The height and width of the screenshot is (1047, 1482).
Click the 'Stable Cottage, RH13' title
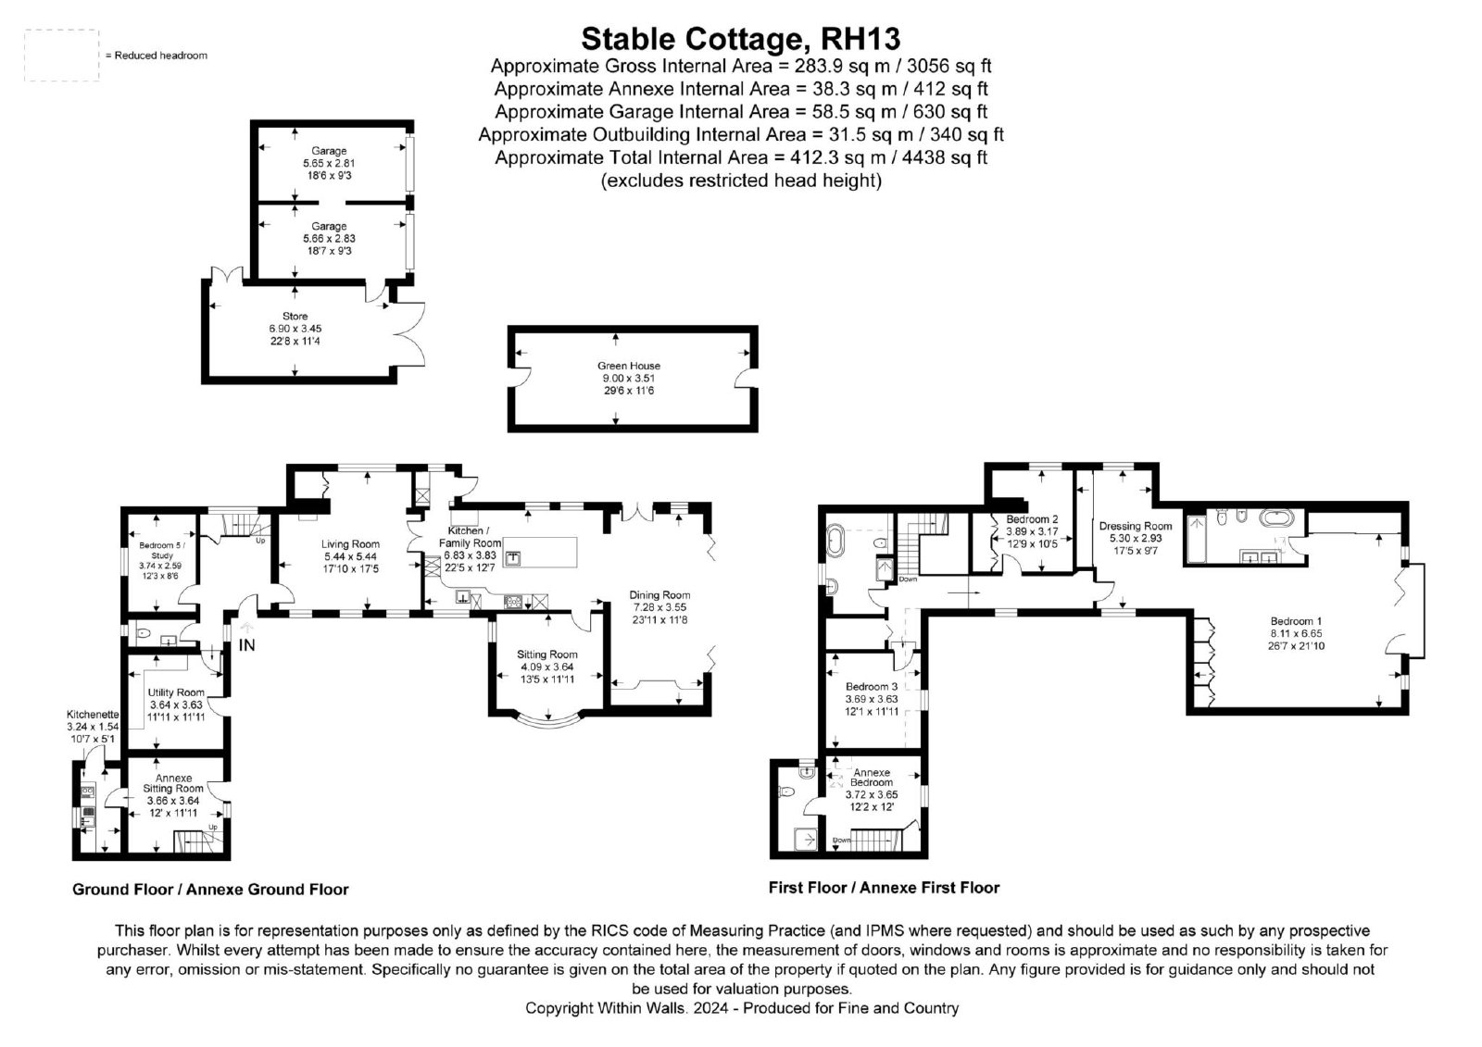point(740,39)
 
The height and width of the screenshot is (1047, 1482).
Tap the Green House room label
point(629,366)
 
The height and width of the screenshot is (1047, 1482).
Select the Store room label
point(295,317)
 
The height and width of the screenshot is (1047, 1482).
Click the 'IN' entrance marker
point(246,645)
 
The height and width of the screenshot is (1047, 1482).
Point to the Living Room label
point(350,544)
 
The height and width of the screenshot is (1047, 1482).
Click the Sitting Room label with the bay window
point(547,654)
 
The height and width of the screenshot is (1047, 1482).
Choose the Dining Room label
point(659,595)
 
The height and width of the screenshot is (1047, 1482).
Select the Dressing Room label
point(1136,526)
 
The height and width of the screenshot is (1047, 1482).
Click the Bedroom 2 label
point(1032,519)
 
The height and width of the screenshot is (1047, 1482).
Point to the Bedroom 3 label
point(872,687)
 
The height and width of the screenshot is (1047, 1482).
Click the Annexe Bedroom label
point(872,777)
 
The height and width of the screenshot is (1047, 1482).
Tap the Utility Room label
point(176,692)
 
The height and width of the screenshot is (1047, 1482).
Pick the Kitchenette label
point(93,715)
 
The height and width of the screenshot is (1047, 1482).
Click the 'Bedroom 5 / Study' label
point(162,550)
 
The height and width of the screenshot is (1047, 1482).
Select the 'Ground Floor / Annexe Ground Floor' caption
point(210,889)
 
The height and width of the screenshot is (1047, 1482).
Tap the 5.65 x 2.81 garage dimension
point(329,163)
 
